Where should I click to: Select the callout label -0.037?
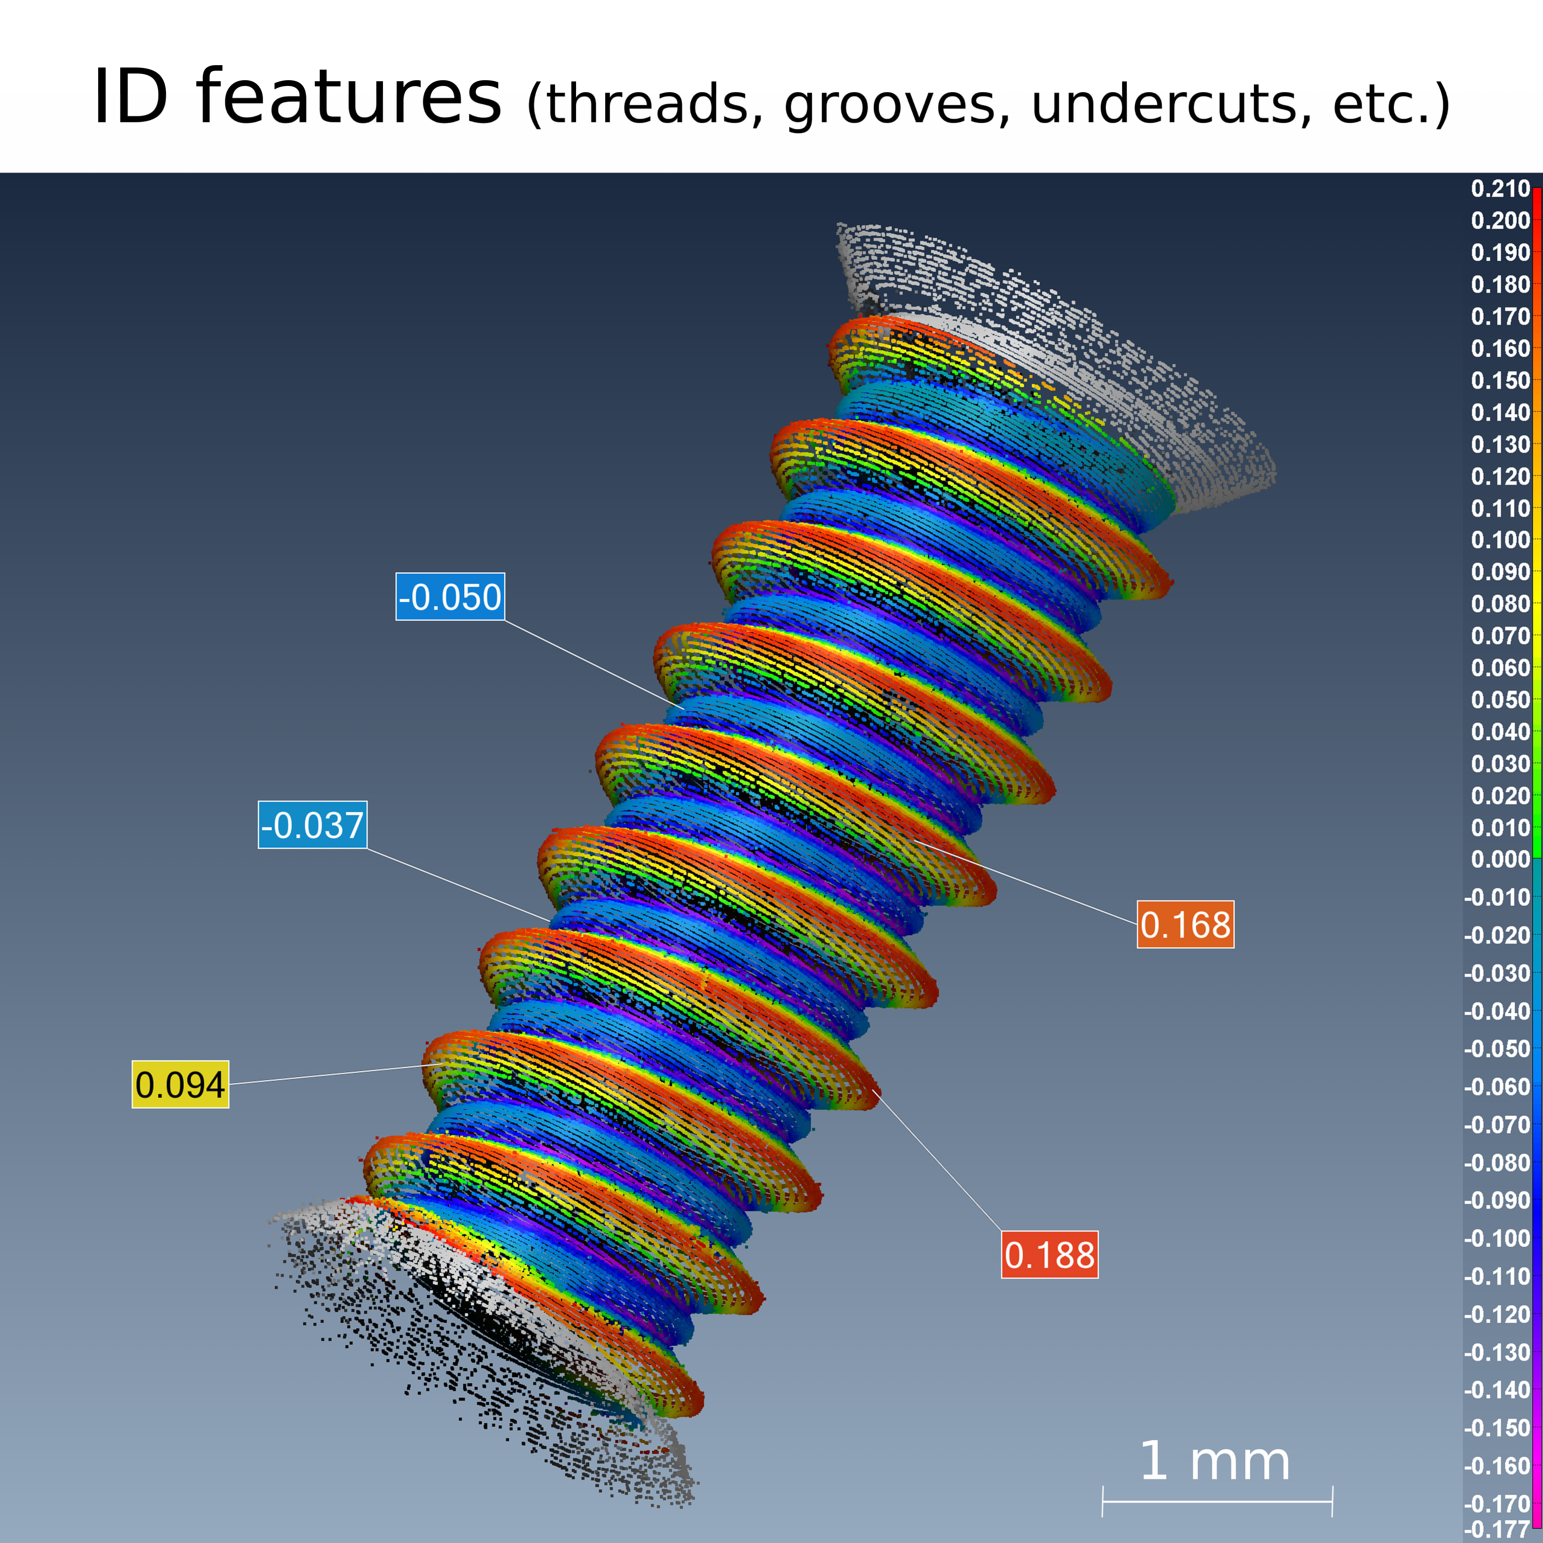pyautogui.click(x=312, y=825)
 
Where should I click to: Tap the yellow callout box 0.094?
pyautogui.click(x=180, y=1085)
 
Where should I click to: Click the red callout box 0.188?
pyautogui.click(x=1049, y=1255)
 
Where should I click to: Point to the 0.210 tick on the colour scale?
pyautogui.click(x=1500, y=189)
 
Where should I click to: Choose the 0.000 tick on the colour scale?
pyautogui.click(x=1500, y=859)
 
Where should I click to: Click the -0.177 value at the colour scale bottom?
pyautogui.click(x=1496, y=1529)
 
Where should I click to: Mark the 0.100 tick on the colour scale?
pyautogui.click(x=1500, y=540)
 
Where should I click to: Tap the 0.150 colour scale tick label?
pyautogui.click(x=1500, y=380)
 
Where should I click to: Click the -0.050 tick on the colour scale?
pyautogui.click(x=1496, y=1049)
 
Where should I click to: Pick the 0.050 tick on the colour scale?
pyautogui.click(x=1500, y=700)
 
